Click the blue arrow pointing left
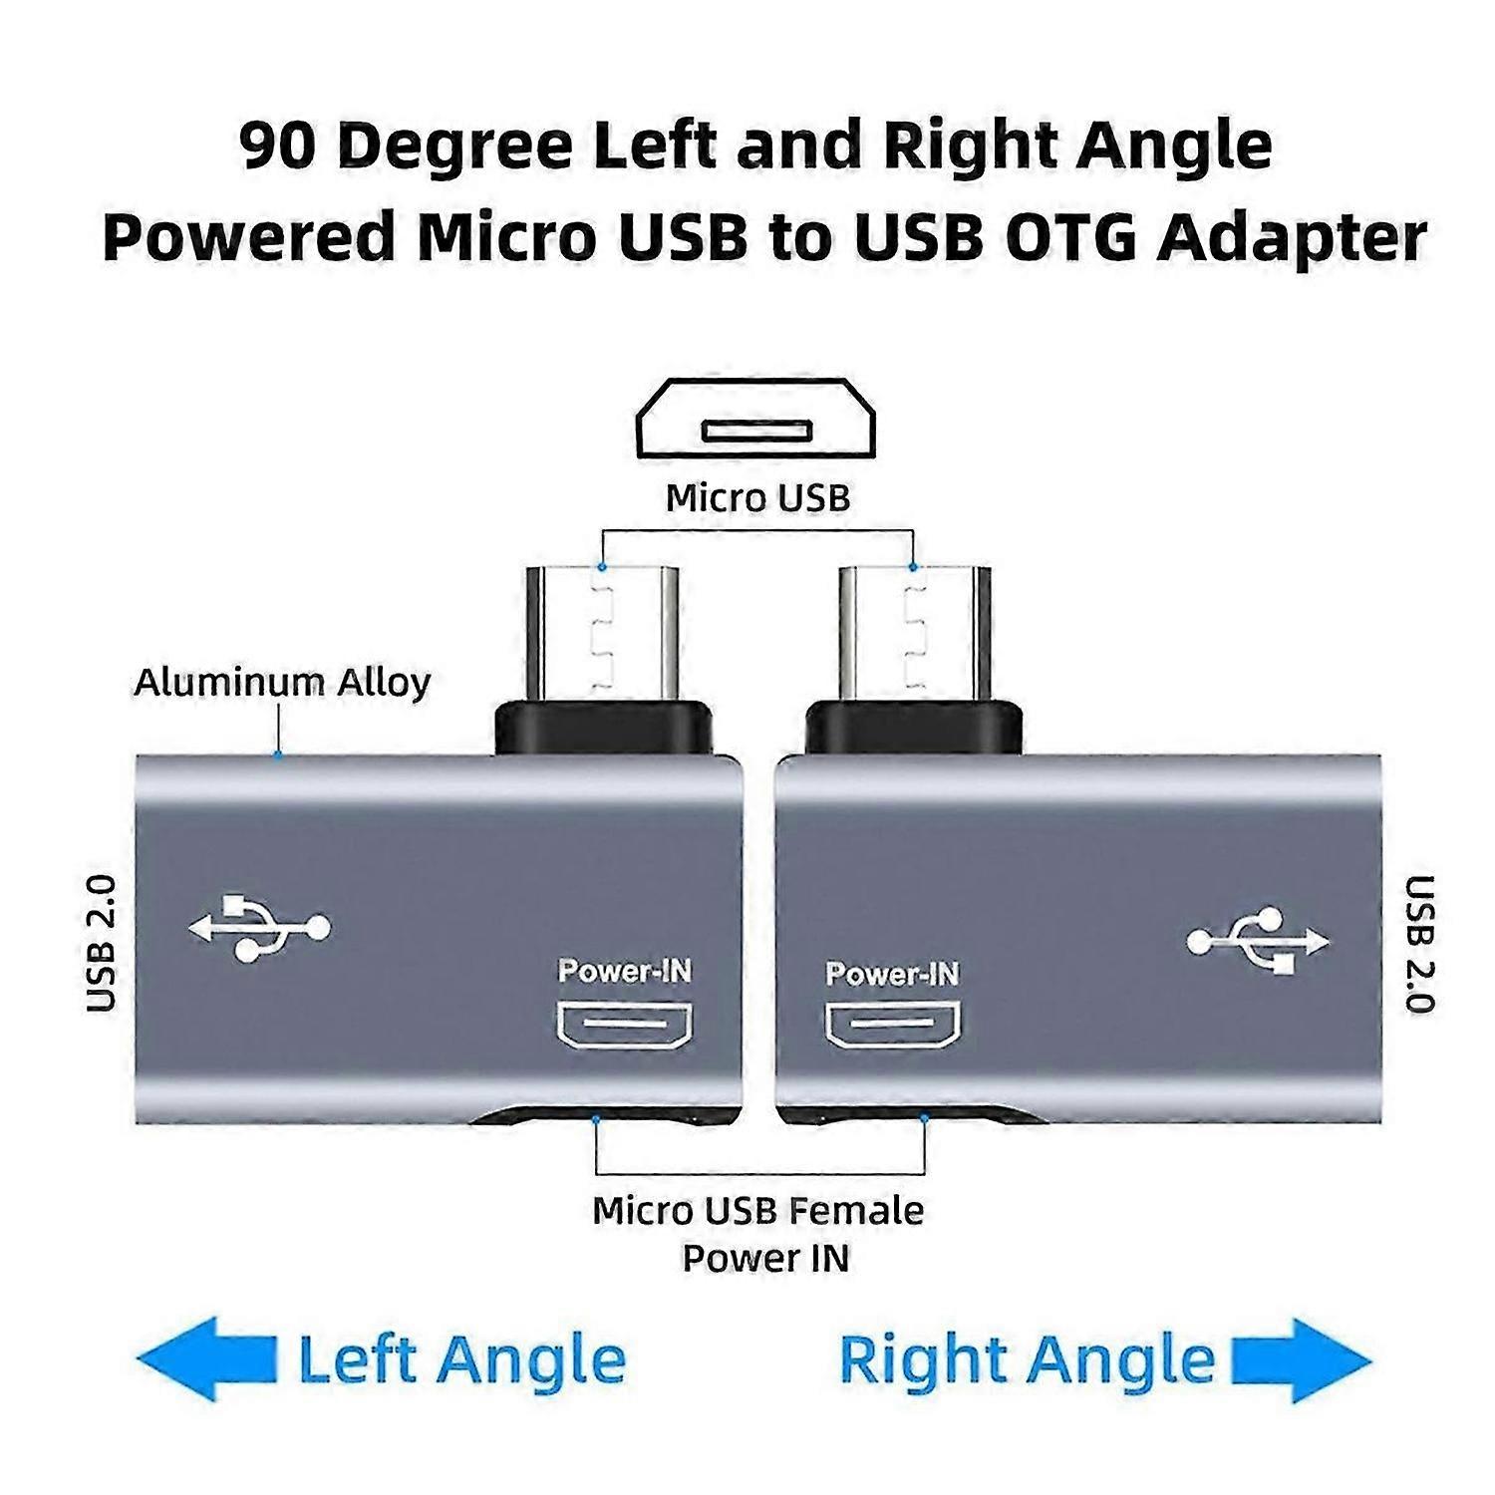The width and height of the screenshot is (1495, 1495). pyautogui.click(x=205, y=1359)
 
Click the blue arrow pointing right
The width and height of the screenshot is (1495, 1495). pyautogui.click(x=1302, y=1360)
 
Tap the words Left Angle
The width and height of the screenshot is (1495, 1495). pyautogui.click(x=461, y=1360)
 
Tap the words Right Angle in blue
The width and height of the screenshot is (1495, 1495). pyautogui.click(x=1027, y=1360)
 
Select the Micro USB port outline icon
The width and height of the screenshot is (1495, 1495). pyautogui.click(x=755, y=419)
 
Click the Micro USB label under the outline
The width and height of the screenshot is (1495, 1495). pyautogui.click(x=757, y=497)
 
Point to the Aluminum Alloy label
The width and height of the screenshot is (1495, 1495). pyautogui.click(x=282, y=683)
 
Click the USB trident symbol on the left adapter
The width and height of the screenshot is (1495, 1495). pyautogui.click(x=259, y=928)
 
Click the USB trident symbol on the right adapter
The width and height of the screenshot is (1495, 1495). pyautogui.click(x=1258, y=940)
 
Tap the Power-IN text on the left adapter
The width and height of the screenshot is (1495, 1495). pyautogui.click(x=625, y=971)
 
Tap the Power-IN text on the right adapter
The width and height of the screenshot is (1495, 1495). pyautogui.click(x=892, y=974)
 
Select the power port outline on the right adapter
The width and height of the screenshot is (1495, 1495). pyautogui.click(x=893, y=1024)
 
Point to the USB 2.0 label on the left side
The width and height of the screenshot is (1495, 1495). pyautogui.click(x=102, y=944)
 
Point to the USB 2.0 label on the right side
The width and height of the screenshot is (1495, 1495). pyautogui.click(x=1418, y=944)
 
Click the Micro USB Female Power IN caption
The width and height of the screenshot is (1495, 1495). pyautogui.click(x=758, y=1234)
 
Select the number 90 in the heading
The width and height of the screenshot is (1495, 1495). pyautogui.click(x=279, y=146)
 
